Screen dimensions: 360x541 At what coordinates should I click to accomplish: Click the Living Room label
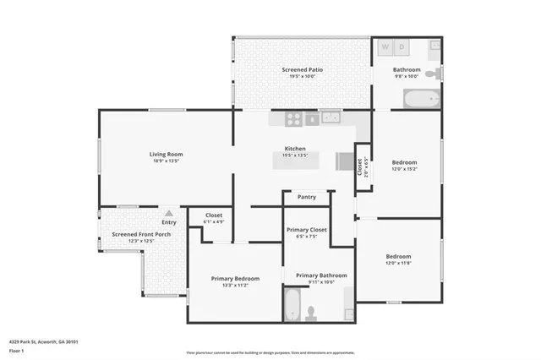[x=166, y=154]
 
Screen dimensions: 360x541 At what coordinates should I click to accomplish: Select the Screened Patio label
[x=302, y=69]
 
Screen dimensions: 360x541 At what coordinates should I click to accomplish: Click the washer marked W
[x=386, y=47]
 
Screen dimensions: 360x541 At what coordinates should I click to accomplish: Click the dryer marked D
[x=402, y=47]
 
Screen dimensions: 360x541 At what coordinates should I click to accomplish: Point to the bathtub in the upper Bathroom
[x=422, y=99]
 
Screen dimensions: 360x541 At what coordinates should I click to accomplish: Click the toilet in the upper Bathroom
[x=432, y=75]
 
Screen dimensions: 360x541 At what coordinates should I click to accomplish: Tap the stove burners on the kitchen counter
[x=294, y=118]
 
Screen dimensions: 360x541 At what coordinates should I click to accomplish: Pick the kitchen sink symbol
[x=330, y=118]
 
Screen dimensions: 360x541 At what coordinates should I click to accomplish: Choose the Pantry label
[x=306, y=197]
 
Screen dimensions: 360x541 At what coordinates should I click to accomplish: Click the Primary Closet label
[x=306, y=230]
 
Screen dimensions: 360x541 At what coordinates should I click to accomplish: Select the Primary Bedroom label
[x=235, y=278]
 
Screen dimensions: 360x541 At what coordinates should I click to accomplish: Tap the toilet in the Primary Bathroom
[x=311, y=313]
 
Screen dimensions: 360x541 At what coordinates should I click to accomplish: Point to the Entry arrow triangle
[x=169, y=214]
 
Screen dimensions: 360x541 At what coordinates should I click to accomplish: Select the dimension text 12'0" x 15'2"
[x=404, y=168]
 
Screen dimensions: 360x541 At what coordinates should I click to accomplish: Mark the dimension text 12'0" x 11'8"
[x=398, y=263]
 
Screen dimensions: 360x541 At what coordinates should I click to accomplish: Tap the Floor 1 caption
[x=16, y=349]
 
